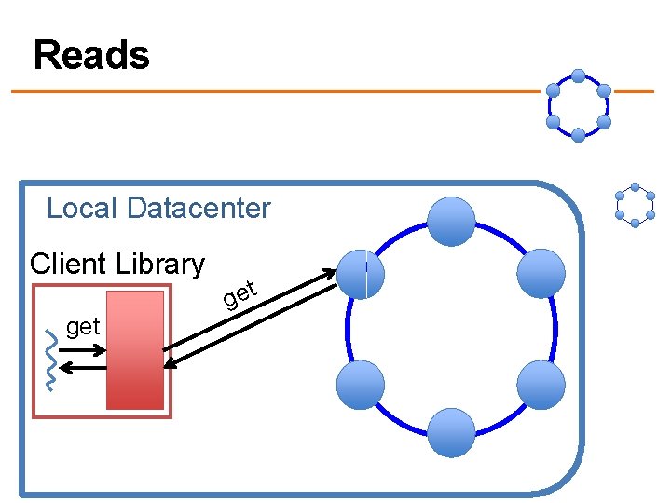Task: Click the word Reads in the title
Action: [91, 56]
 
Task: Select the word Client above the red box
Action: [68, 264]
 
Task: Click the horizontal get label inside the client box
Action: [83, 326]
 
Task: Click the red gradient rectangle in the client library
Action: [135, 349]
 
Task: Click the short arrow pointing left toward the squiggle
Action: [84, 368]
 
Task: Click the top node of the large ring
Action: [451, 222]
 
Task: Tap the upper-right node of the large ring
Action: [541, 274]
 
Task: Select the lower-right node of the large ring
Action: [541, 385]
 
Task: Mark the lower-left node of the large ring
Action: [360, 385]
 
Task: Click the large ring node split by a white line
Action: [362, 274]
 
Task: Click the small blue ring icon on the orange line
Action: [578, 105]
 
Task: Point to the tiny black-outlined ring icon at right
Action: [635, 205]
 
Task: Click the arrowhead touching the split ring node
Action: [333, 272]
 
